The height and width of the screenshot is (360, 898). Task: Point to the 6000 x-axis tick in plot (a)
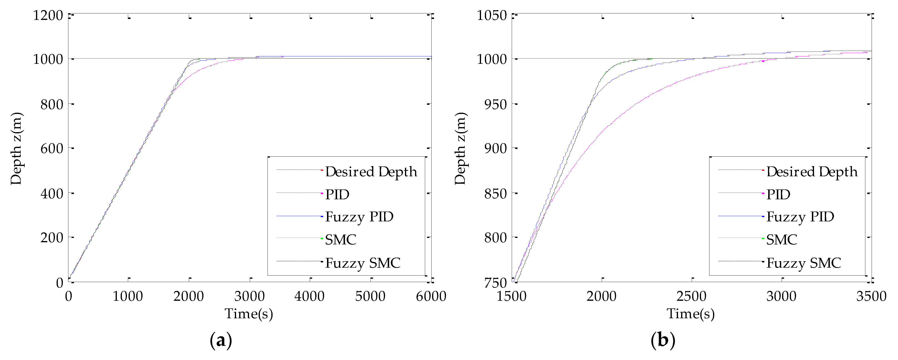431,296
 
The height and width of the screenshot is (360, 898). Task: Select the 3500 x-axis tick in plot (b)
871,296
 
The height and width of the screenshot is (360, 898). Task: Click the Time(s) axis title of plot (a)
249,314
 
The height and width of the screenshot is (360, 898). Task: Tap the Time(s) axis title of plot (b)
690,314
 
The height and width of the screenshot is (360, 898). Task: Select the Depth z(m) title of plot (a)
16,148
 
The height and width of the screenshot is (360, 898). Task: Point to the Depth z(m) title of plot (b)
460,148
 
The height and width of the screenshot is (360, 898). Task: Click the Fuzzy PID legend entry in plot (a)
359,217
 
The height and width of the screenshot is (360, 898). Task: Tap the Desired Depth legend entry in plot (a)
371,172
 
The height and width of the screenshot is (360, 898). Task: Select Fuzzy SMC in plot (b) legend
803,263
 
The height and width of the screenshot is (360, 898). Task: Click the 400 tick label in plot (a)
52,193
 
